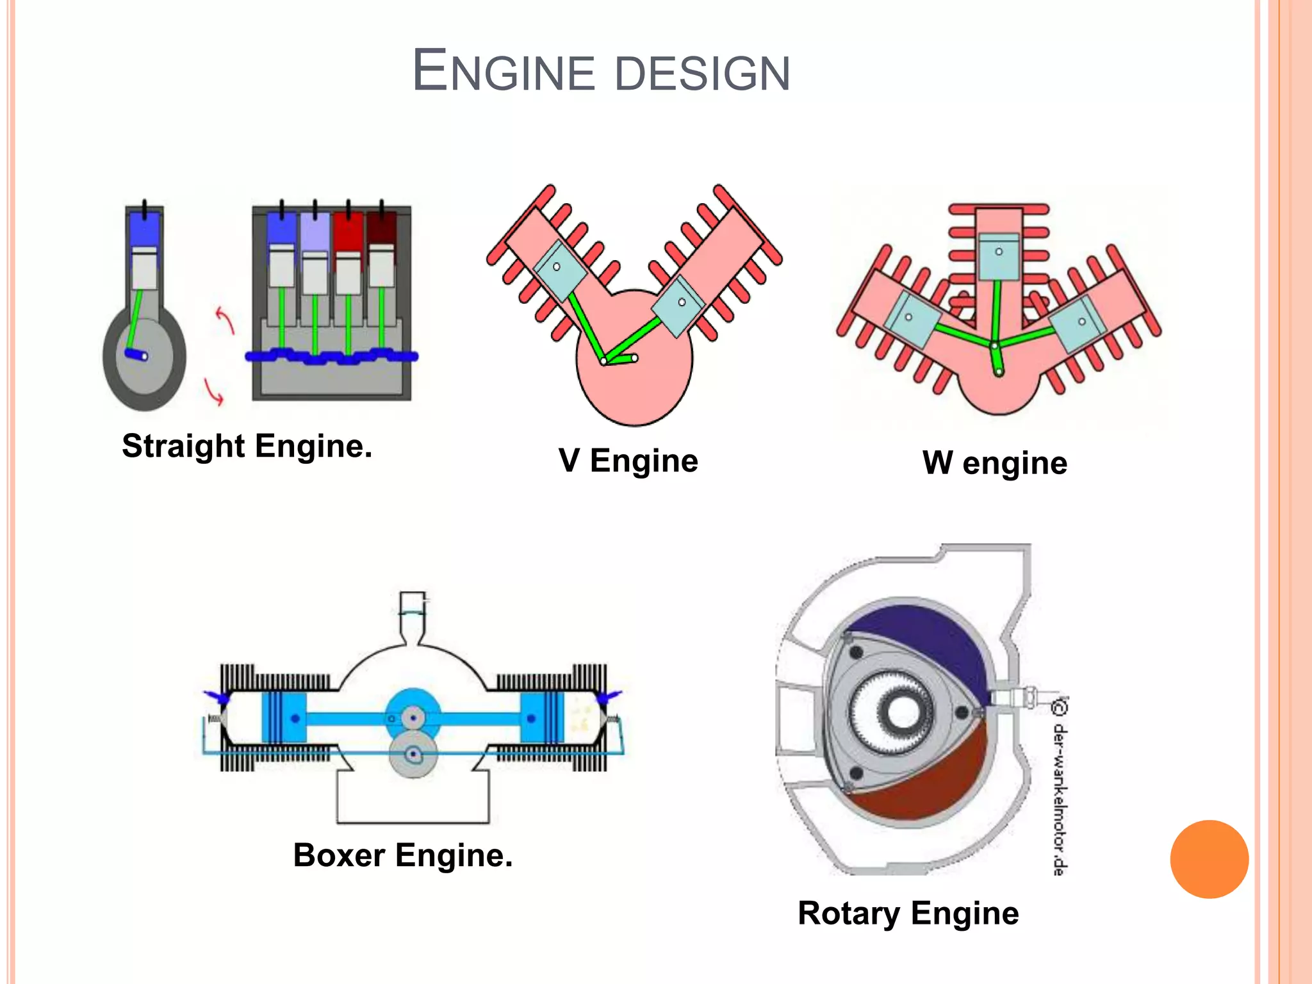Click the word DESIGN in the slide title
702,72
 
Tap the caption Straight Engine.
247,447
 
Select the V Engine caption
628,461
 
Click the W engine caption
995,463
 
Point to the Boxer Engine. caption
403,855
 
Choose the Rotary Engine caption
908,914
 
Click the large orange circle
1209,859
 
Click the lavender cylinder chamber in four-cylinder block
315,232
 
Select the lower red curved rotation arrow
214,392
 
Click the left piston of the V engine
560,270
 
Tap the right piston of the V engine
679,306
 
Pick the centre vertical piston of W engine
999,256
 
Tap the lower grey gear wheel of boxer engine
413,755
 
